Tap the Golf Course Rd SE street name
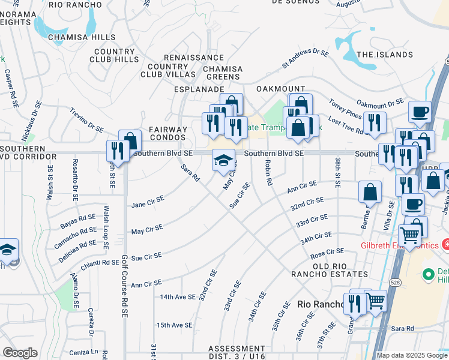[x=125, y=285]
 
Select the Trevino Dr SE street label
[x=86, y=120]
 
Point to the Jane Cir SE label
[x=147, y=203]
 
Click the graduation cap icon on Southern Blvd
[x=223, y=161]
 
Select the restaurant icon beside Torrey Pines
[x=375, y=122]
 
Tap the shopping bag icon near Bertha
[x=370, y=192]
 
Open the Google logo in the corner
[x=20, y=353]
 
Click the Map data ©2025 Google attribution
[x=411, y=355]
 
